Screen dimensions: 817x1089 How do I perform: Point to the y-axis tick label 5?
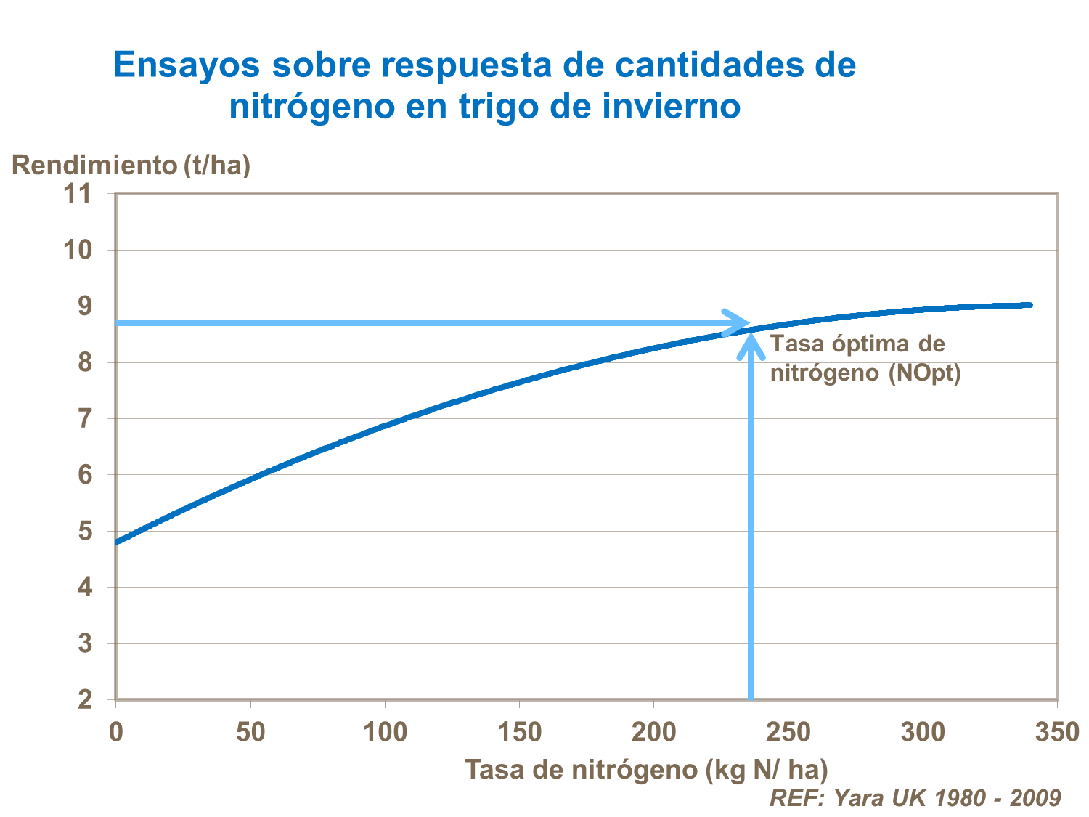[86, 532]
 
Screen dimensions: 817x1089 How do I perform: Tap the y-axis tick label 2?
[86, 700]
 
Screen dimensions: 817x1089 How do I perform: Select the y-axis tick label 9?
[86, 306]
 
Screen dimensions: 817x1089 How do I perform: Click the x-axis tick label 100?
[384, 733]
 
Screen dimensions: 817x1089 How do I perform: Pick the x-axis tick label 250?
[788, 733]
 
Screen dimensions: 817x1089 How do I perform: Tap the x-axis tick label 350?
[1056, 733]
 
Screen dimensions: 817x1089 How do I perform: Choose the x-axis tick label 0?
[116, 733]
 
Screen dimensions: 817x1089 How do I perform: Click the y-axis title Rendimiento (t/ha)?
[131, 166]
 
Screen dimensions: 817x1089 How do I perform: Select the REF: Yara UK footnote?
[914, 797]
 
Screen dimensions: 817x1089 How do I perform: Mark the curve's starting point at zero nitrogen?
[117, 542]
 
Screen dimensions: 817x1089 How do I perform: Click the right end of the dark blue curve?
[1029, 305]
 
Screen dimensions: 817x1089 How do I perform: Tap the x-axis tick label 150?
[519, 733]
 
